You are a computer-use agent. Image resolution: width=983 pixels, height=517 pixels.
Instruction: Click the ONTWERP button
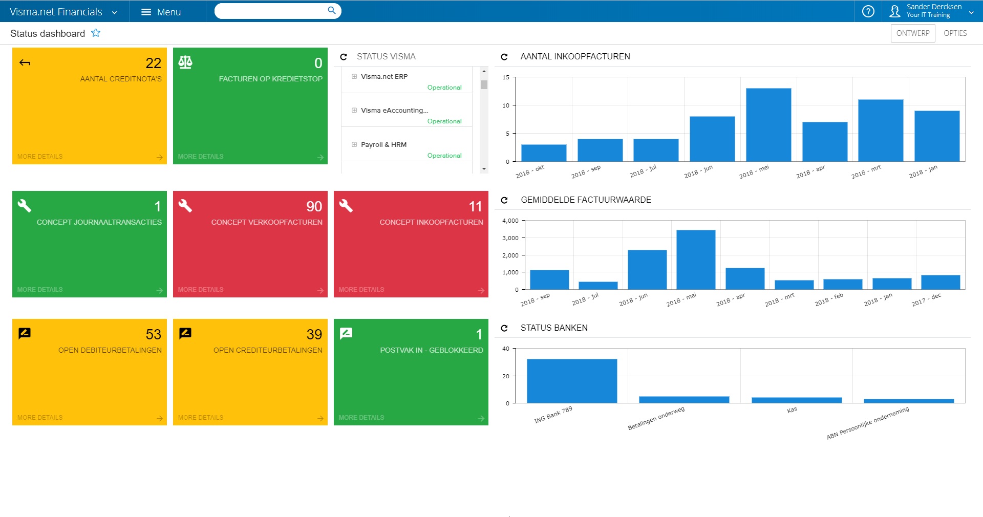(x=912, y=33)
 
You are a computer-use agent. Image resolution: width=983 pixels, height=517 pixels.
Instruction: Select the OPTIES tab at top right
(x=955, y=33)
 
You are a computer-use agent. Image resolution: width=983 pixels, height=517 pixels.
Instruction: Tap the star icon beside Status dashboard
(x=96, y=33)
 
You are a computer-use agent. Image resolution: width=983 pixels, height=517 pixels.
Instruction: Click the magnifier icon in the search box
(x=332, y=11)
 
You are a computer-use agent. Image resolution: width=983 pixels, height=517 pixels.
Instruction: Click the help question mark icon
(x=868, y=11)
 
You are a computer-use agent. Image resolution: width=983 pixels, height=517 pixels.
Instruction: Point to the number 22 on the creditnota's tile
(x=153, y=63)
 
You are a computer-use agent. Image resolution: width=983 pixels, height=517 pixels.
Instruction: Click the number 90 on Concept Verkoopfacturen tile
(x=314, y=206)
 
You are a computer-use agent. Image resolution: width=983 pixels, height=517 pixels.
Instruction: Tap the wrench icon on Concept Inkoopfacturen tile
(x=346, y=206)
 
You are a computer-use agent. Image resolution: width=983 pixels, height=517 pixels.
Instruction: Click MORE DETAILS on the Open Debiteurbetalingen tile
(x=40, y=418)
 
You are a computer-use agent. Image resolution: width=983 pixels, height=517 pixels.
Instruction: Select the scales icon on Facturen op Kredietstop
(x=185, y=62)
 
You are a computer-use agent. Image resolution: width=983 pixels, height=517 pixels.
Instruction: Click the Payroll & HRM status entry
(x=383, y=145)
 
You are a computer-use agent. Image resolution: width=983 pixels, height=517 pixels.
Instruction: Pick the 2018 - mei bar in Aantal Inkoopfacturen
(x=768, y=125)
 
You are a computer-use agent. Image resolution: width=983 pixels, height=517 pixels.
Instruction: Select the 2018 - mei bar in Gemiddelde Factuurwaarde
(x=695, y=260)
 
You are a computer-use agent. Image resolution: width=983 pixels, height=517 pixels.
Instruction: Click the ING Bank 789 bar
(x=571, y=381)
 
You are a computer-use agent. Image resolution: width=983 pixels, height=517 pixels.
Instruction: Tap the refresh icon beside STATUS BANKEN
(x=504, y=328)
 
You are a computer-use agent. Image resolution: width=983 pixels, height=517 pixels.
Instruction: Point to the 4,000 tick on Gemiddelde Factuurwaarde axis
(x=510, y=221)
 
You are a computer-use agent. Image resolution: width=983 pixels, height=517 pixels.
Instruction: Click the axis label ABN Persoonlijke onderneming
(x=867, y=423)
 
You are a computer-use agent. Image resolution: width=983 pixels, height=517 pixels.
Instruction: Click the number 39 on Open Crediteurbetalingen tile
(x=314, y=334)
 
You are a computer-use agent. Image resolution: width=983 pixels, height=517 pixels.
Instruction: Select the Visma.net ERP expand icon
(x=354, y=77)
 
